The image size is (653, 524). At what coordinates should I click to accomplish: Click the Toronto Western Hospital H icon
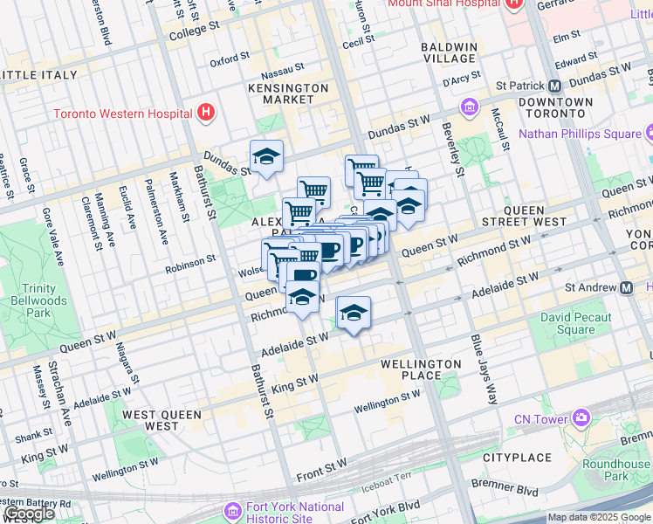(x=205, y=113)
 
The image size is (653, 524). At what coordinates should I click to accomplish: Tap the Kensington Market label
(x=288, y=93)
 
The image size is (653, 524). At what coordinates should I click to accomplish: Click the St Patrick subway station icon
(x=553, y=86)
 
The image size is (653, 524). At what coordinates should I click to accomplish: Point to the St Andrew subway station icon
(x=626, y=287)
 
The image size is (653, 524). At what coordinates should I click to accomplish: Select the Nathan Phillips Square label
(x=580, y=134)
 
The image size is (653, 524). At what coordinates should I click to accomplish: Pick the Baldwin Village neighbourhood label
(x=449, y=52)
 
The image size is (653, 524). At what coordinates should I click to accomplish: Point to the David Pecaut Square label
(x=567, y=323)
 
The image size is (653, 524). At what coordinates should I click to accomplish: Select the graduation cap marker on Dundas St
(x=266, y=157)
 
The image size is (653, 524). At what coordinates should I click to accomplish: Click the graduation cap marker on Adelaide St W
(x=354, y=314)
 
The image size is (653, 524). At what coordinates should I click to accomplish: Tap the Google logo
(x=29, y=514)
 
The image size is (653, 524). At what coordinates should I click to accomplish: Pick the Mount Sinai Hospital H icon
(x=513, y=3)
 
